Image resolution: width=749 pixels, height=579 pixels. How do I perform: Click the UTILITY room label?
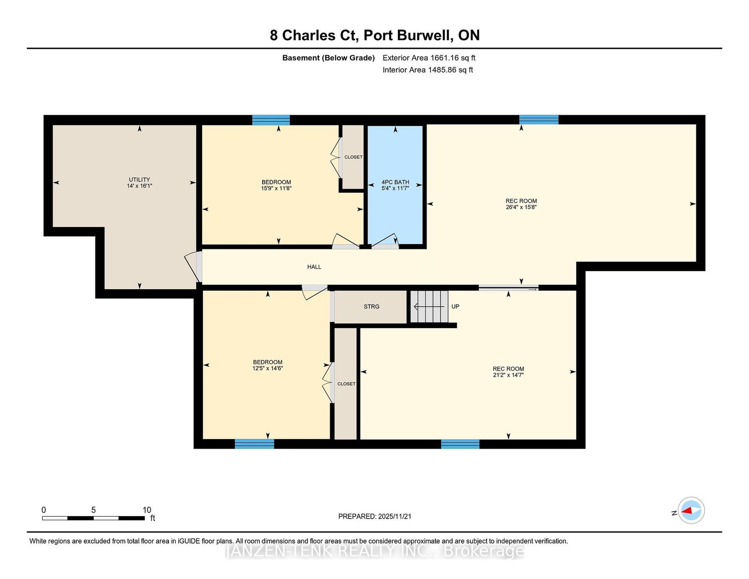[x=139, y=180]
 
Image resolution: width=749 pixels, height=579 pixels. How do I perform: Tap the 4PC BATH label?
[x=396, y=182]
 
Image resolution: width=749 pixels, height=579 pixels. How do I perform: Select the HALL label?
[x=314, y=267]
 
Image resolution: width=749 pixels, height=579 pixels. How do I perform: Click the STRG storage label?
[x=371, y=307]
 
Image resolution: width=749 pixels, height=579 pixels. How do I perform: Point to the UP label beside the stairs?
[x=455, y=307]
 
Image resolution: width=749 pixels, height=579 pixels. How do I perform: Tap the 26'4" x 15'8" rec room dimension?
[x=521, y=207]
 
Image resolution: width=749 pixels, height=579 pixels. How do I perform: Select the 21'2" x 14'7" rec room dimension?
[x=508, y=375]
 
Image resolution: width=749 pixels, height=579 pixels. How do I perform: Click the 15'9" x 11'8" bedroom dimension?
[x=276, y=188]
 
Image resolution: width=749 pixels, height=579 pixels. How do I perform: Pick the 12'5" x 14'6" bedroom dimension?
[x=267, y=368]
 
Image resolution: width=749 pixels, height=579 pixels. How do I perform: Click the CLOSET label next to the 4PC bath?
[x=353, y=157]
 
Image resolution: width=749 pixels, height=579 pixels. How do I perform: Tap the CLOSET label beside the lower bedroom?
[x=346, y=384]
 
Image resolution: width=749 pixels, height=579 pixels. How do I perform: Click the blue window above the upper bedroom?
[x=271, y=120]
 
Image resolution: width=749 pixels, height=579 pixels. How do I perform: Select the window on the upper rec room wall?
[x=539, y=119]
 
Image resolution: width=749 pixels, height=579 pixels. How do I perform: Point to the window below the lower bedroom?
[x=254, y=444]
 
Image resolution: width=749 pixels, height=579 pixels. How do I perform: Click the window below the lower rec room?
[x=460, y=444]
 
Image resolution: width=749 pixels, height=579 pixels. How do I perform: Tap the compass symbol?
[x=691, y=511]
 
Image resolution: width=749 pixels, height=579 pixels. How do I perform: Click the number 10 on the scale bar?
[x=147, y=510]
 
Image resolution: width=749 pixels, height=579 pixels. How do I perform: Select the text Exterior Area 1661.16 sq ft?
[x=429, y=58]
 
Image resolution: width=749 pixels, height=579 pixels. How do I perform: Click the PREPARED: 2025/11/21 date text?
[x=374, y=517]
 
